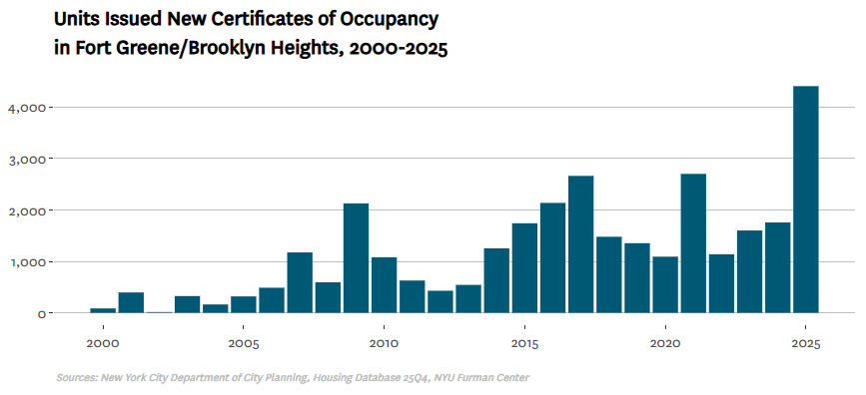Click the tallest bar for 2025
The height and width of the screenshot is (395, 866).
point(806,199)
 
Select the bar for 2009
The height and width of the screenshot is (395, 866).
point(357,258)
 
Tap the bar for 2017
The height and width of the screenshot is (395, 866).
point(581,244)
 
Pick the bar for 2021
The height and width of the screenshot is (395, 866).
point(693,243)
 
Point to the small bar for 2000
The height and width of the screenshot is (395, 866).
point(103,310)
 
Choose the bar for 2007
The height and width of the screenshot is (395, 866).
point(300,282)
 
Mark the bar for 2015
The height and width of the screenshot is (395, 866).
point(524,268)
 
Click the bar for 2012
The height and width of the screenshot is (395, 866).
point(440,302)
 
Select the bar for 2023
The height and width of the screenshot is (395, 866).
point(749,271)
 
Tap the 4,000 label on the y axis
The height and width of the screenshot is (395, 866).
point(25,108)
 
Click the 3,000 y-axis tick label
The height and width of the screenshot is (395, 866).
point(25,159)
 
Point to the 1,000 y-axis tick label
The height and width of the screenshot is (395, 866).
point(25,262)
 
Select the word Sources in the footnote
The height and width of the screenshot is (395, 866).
point(77,378)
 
